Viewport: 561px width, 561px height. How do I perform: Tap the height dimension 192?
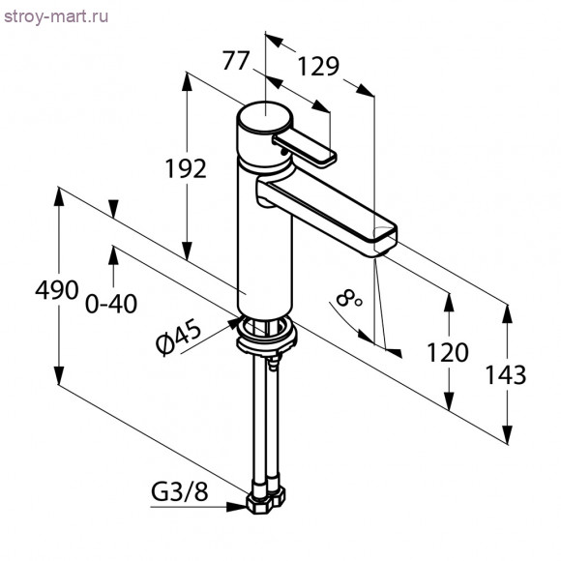pyautogui.click(x=184, y=168)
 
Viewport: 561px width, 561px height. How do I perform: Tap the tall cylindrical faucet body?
pyautogui.click(x=264, y=242)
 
